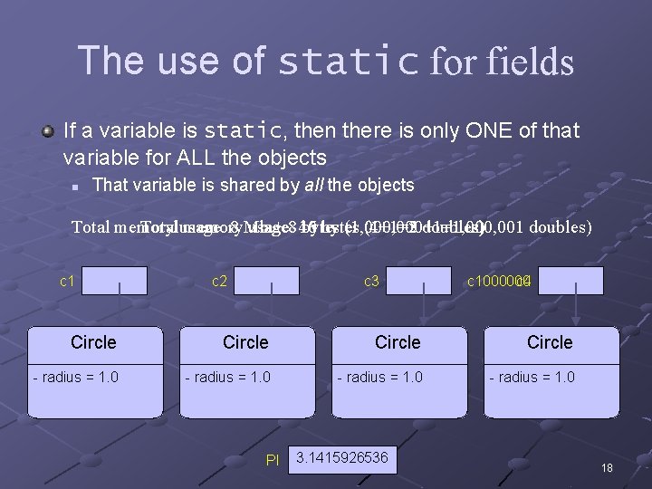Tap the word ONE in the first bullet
pos(491,131)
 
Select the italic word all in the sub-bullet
pos(312,186)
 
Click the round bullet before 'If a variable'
pos(48,131)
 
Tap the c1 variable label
pos(67,282)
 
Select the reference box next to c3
pos(418,281)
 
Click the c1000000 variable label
pos(498,282)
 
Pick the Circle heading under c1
pos(93,342)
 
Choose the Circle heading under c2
pos(245,342)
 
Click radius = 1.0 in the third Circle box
pos(380,377)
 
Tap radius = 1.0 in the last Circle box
pos(532,377)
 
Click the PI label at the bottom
pos(273,460)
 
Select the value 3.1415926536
pos(342,458)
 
